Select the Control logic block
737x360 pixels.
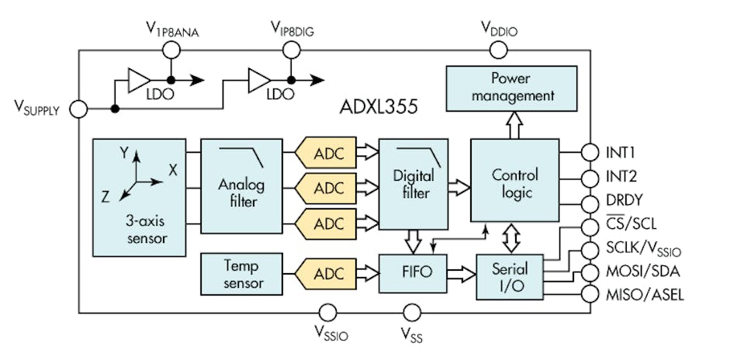tap(514, 183)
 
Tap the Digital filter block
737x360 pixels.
tap(413, 184)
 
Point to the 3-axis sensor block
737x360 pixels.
tap(139, 197)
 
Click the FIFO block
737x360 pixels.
tap(413, 275)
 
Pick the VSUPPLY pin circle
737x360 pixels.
tap(78, 109)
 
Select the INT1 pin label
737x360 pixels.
tap(621, 151)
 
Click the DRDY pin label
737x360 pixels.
tap(625, 201)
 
